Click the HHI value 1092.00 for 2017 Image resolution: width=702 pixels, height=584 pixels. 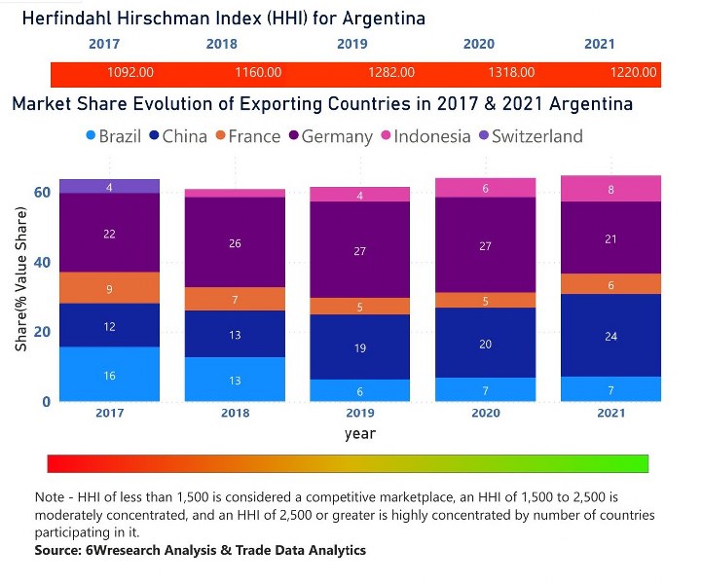tap(131, 73)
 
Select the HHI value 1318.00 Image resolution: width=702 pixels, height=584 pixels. tap(511, 73)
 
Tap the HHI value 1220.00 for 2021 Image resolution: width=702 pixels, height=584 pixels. tap(633, 73)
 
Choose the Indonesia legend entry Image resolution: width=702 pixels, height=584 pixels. tap(425, 136)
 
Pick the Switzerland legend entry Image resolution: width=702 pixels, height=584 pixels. tap(529, 136)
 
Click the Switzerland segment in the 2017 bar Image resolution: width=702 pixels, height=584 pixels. tap(109, 186)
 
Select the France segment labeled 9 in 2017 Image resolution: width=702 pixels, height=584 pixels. tap(109, 288)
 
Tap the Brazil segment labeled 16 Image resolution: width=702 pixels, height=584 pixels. tap(109, 375)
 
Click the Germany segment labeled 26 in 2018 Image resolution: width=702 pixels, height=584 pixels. tap(236, 242)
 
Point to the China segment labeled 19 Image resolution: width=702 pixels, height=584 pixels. tap(360, 347)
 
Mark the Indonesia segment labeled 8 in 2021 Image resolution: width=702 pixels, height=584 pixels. tap(610, 189)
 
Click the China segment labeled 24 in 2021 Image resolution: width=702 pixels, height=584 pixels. tap(610, 336)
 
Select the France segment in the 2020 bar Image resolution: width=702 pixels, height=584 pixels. tap(486, 300)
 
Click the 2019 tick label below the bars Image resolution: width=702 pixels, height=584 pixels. tap(359, 413)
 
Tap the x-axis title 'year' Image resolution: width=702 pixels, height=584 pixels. tap(359, 433)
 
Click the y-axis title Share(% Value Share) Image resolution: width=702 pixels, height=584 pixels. tap(20, 292)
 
